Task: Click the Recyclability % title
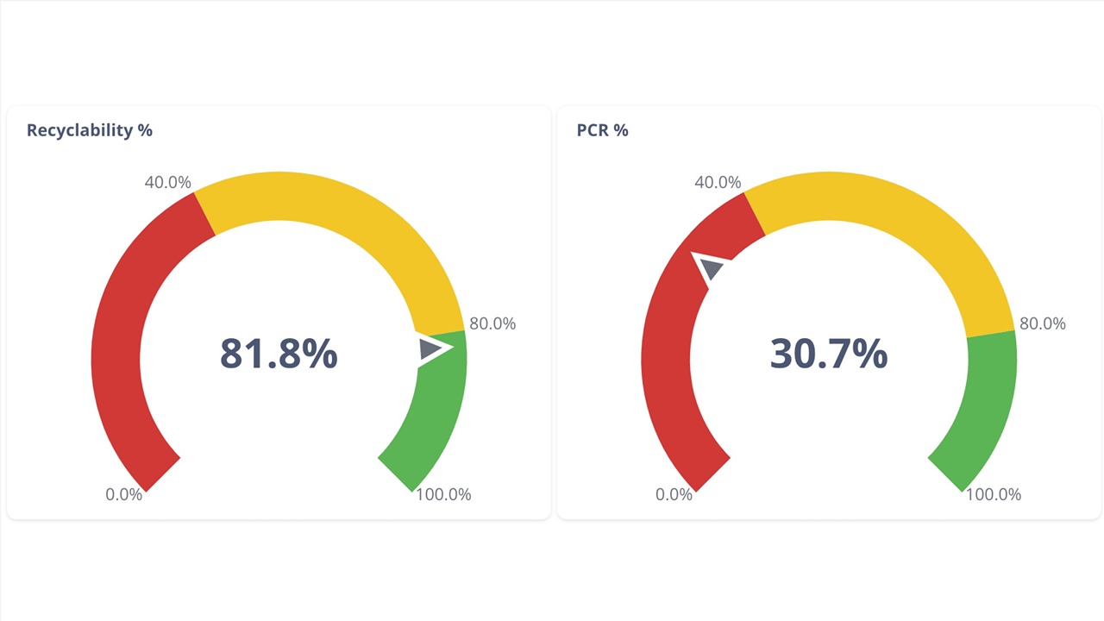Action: [x=90, y=130]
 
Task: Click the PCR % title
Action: [x=602, y=130]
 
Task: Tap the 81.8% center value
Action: [x=279, y=354]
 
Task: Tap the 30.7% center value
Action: [x=828, y=354]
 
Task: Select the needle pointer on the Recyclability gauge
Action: [x=431, y=348]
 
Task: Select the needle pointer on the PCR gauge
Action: [x=711, y=268]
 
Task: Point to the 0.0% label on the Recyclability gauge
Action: [x=123, y=495]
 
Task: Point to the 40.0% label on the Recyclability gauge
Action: [x=167, y=183]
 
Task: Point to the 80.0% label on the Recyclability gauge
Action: [x=492, y=323]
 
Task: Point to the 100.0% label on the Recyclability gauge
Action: [x=443, y=495]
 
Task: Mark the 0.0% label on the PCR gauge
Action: [x=674, y=495]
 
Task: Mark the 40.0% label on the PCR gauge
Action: [x=718, y=183]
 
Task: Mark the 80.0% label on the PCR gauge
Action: [x=1042, y=323]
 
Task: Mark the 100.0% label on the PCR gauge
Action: [x=994, y=495]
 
